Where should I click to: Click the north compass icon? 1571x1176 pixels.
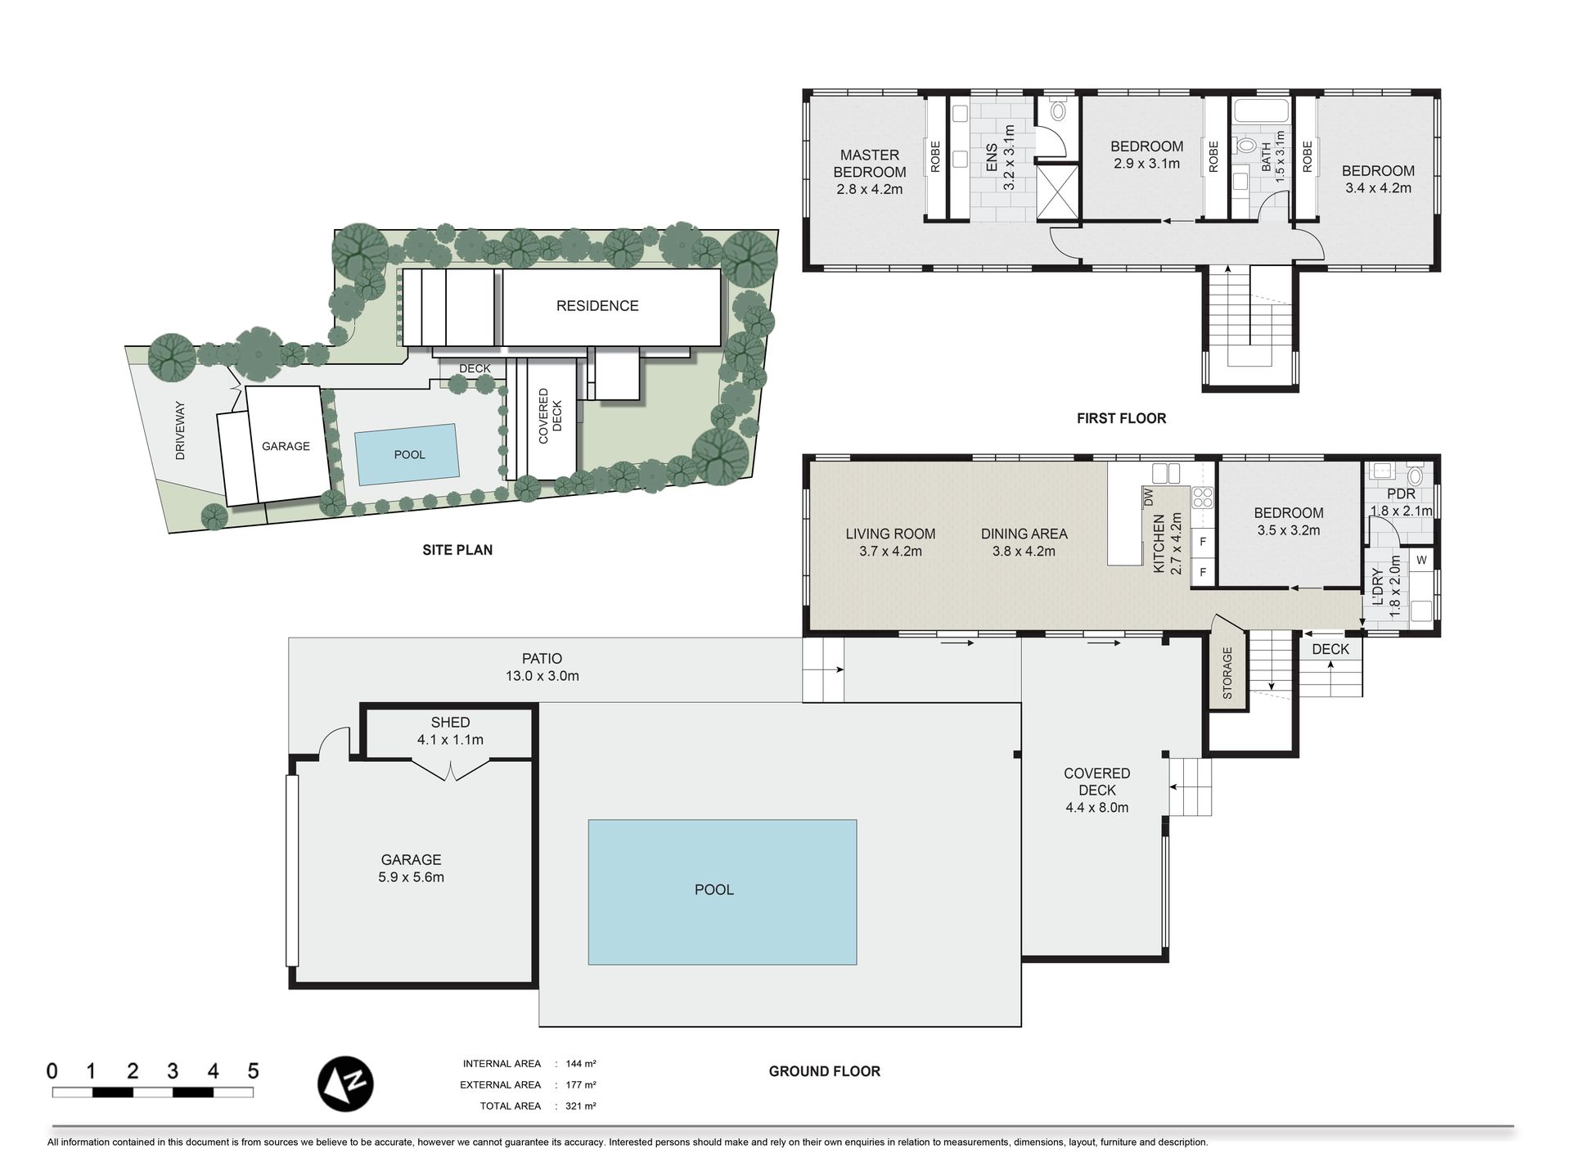(345, 1083)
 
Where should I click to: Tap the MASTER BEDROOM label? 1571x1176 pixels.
(869, 163)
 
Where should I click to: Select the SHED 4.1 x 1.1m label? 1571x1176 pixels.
(450, 731)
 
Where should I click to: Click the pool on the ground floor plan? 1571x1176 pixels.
(722, 892)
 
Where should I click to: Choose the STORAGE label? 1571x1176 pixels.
(1227, 673)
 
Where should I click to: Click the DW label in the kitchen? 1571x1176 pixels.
(1147, 497)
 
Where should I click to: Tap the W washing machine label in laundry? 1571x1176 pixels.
(1421, 561)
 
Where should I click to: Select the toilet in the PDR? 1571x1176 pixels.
(1415, 475)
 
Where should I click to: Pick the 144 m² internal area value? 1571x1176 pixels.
(581, 1064)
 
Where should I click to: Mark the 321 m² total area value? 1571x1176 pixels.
(581, 1106)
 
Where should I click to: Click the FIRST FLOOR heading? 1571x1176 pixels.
(1121, 418)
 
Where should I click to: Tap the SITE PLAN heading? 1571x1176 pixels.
(457, 550)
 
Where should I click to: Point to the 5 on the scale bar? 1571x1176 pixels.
(253, 1070)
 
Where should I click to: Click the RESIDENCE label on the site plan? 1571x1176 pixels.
(597, 306)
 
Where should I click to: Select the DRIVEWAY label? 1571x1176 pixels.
(181, 430)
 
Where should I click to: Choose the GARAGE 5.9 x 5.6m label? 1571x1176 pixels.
(411, 868)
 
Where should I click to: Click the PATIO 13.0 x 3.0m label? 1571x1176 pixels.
(542, 667)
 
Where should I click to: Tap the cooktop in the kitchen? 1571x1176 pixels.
(1203, 498)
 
